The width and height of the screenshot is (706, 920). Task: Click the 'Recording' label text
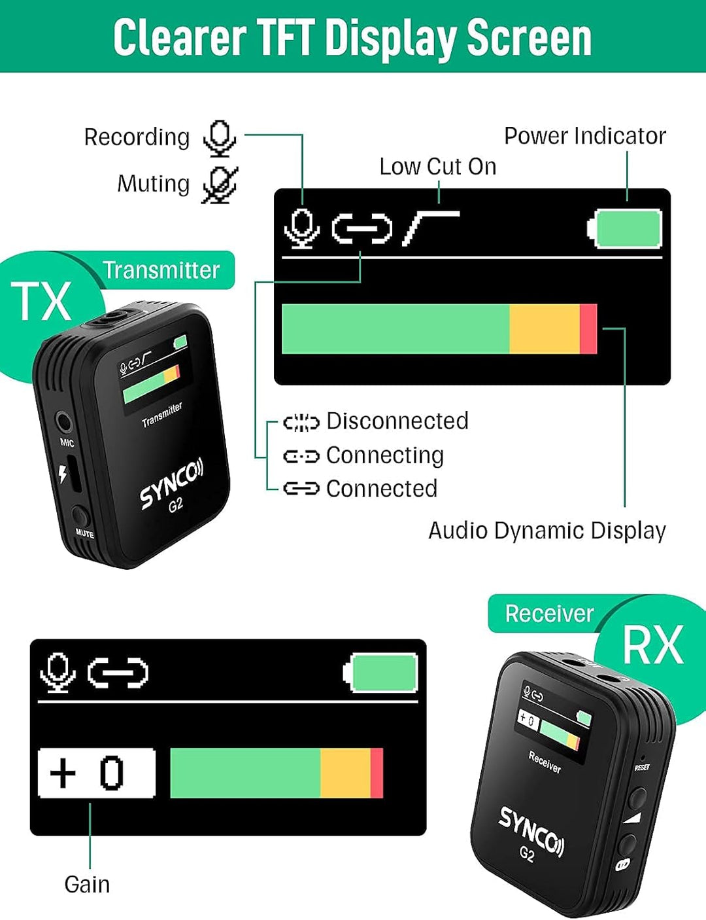coord(137,137)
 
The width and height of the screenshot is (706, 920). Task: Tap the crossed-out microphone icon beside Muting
coord(220,185)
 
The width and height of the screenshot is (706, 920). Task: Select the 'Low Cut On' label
coord(437,167)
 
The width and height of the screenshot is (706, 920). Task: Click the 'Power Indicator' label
coord(584,136)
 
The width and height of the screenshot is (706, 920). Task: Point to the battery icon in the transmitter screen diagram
coord(626,228)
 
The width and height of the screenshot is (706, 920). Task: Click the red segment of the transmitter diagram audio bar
coord(588,329)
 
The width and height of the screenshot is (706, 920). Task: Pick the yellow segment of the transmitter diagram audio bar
coord(544,329)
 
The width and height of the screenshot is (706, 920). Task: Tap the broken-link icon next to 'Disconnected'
coord(301,423)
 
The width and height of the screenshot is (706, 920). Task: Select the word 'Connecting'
coord(384,455)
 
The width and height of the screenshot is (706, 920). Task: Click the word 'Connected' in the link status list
coord(381,489)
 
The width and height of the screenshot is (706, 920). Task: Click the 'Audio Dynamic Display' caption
coord(546,531)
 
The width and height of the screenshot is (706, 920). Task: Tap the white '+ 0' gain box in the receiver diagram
coord(97,773)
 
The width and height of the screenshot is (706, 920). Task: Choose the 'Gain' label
coord(87,885)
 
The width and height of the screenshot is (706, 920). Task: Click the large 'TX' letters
coord(41,302)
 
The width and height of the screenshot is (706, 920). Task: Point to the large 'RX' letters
coord(652,646)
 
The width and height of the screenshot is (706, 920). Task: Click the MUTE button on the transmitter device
coord(81,516)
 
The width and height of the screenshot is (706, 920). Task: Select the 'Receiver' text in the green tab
coord(549,614)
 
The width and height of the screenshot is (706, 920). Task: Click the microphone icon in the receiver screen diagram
coord(58,672)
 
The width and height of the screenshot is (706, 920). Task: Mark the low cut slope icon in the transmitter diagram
coord(430,228)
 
